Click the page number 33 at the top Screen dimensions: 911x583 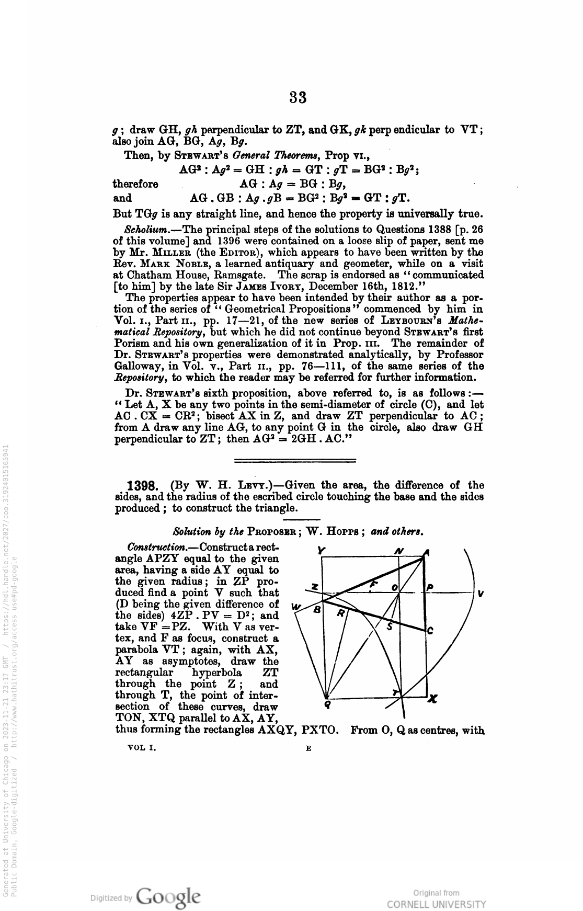click(297, 97)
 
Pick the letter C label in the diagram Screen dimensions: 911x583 click(430, 631)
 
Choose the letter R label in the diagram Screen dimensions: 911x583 click(340, 614)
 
